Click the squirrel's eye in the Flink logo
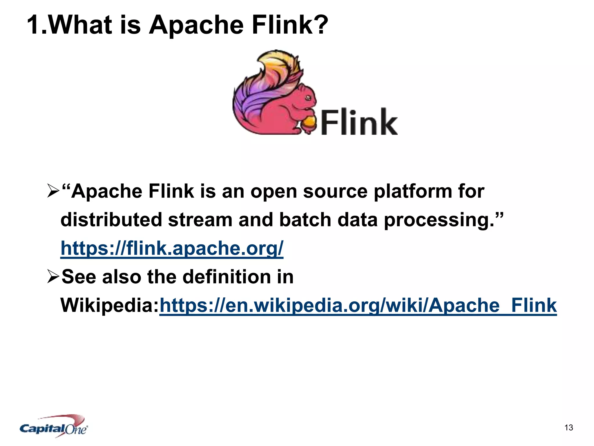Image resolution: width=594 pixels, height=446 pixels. click(x=308, y=98)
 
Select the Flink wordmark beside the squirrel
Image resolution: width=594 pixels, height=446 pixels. click(x=359, y=122)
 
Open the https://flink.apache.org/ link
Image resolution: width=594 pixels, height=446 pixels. click(x=172, y=248)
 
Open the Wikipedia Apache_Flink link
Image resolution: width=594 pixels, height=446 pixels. click(x=358, y=305)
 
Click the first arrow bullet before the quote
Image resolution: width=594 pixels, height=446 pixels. click(x=53, y=191)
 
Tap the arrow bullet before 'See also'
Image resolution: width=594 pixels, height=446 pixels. click(x=53, y=277)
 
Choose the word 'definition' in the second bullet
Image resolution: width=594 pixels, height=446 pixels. click(x=229, y=277)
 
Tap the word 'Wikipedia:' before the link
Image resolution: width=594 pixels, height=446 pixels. click(x=110, y=305)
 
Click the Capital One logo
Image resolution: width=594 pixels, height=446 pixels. click(x=54, y=426)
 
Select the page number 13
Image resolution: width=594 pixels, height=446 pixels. click(x=568, y=427)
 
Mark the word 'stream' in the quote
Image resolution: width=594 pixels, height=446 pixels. click(x=200, y=220)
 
